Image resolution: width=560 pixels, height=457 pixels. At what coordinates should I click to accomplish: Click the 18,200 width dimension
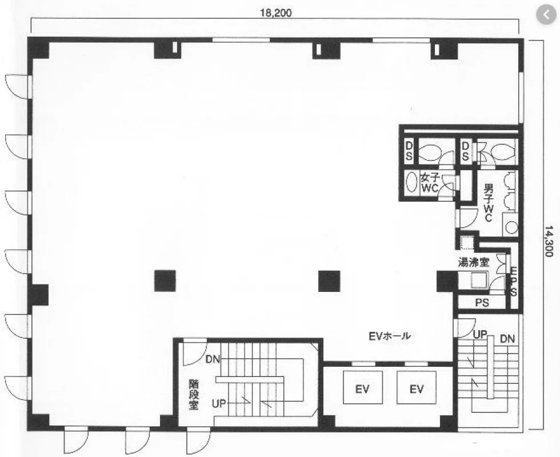(275, 13)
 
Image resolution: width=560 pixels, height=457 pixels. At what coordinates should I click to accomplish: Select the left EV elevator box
(362, 387)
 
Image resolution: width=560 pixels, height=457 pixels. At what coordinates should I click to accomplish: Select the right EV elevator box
(417, 387)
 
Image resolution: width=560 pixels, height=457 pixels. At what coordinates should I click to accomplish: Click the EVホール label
(390, 336)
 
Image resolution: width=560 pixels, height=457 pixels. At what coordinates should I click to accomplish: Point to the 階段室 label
(194, 395)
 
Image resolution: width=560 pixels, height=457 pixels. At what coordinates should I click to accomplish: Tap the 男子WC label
(488, 202)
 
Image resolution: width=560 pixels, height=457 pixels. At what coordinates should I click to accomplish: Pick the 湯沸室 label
(473, 263)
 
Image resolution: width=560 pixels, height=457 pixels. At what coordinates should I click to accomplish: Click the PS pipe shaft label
(482, 303)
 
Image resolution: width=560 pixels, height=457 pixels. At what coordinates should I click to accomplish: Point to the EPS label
(513, 282)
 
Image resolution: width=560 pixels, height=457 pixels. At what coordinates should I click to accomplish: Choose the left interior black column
(165, 280)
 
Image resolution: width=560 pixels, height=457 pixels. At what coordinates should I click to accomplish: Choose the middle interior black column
(329, 281)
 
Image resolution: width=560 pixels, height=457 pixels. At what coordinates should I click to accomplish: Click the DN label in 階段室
(213, 359)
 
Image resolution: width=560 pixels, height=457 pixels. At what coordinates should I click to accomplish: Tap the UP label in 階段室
(219, 404)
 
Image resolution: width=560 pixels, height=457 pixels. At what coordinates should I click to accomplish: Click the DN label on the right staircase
(507, 339)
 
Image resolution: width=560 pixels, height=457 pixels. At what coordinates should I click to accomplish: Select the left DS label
(409, 151)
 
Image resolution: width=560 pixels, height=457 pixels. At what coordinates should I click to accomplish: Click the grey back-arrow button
(546, 15)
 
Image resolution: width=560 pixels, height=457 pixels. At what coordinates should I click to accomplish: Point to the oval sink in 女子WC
(412, 182)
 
